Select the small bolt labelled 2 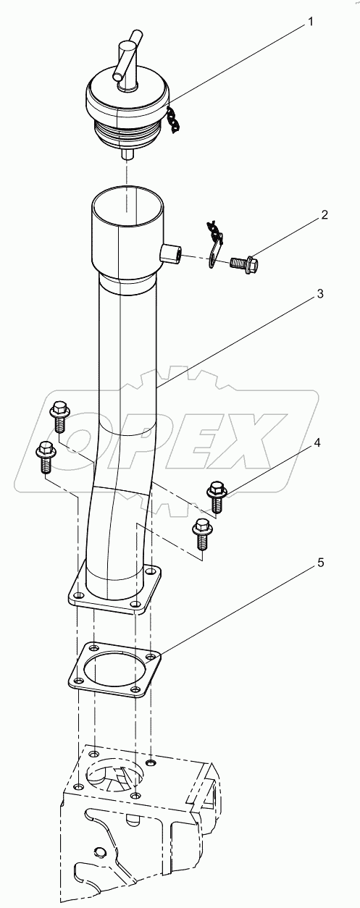click(246, 262)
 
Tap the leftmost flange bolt click(43, 454)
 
